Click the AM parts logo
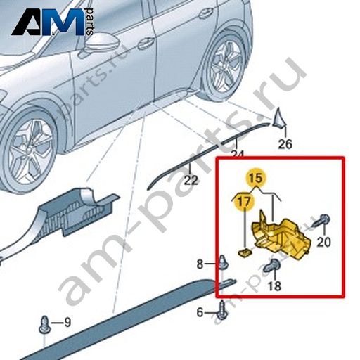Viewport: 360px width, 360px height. [53, 22]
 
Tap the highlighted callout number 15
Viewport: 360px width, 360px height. [256, 178]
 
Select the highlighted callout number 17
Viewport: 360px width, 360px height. [244, 202]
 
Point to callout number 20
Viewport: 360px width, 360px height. [323, 241]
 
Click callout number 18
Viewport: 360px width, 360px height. [274, 285]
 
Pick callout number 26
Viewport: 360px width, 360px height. [285, 143]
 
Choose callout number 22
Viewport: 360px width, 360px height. [191, 180]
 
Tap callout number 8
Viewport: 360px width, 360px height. [200, 264]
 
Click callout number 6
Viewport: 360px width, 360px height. [200, 312]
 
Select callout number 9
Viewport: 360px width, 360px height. [67, 322]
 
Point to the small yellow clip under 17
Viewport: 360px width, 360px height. [245, 252]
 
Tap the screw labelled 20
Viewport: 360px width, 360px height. [321, 221]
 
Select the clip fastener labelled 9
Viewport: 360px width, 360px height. [44, 325]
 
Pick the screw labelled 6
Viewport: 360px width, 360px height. [221, 311]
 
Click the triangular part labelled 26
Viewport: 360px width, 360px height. [279, 117]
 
